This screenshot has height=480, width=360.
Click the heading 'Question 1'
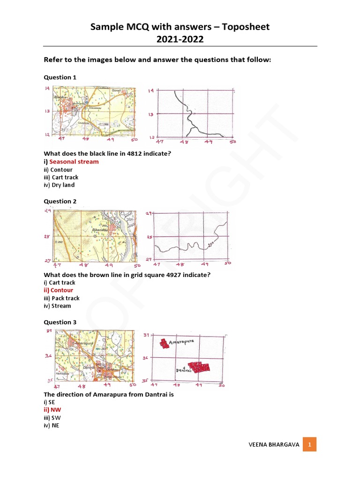coord(60,77)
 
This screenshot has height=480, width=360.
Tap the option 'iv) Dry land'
coord(59,185)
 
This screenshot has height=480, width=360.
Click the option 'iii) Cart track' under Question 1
coord(61,177)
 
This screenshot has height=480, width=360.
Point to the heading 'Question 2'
coord(60,202)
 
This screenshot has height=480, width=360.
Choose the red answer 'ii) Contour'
coord(59,291)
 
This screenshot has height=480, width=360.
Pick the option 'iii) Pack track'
coord(62,298)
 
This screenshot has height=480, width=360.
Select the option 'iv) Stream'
coord(57,306)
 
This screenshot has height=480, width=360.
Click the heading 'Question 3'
coord(60,322)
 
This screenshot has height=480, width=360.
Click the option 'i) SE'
coord(49,402)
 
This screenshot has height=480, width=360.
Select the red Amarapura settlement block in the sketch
coord(164,344)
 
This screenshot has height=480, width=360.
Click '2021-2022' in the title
coord(180,39)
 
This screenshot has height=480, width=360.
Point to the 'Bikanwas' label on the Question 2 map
coord(99,230)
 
